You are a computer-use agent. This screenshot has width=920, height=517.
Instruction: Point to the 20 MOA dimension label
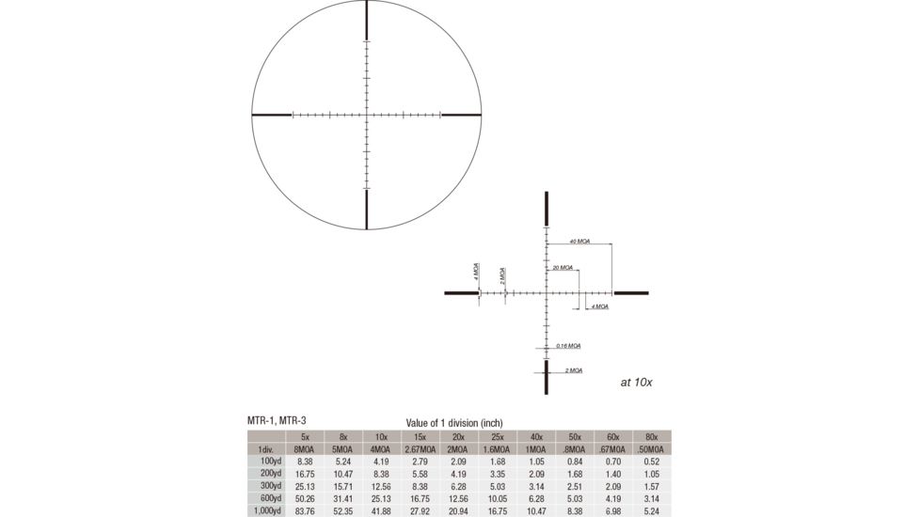(563, 268)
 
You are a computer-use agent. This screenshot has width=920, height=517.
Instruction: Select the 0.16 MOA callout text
(568, 345)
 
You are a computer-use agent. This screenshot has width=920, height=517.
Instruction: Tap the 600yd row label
(268, 497)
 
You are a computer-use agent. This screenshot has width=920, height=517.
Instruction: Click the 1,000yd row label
(267, 510)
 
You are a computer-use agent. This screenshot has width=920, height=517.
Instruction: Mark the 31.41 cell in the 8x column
(341, 497)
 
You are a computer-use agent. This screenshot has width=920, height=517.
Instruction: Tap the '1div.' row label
(267, 449)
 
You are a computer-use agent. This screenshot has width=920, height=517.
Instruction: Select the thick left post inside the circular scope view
(272, 115)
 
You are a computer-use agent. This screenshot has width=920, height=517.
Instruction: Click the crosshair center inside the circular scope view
(366, 115)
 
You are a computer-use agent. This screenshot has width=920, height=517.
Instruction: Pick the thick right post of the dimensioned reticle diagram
(631, 293)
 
